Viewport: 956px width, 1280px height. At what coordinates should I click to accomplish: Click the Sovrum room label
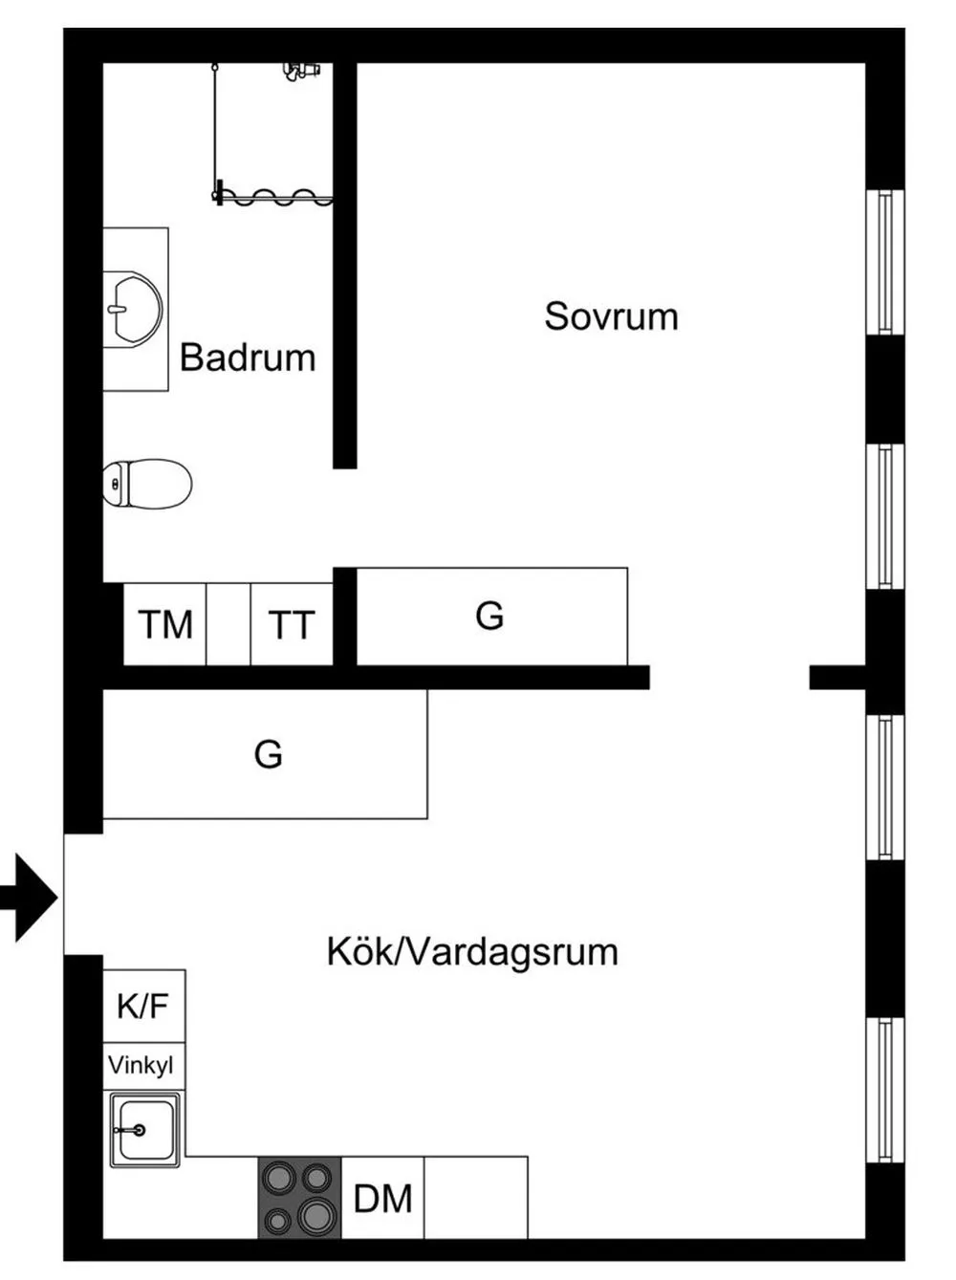click(x=611, y=316)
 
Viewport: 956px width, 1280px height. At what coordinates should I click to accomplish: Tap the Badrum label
click(x=248, y=358)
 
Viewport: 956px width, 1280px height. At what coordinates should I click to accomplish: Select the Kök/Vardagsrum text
click(x=472, y=952)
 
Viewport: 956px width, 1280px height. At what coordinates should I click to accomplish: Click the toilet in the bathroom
click(x=148, y=484)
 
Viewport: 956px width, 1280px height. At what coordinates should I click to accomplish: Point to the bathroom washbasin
click(x=132, y=308)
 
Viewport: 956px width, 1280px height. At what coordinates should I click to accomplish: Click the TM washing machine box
click(x=165, y=624)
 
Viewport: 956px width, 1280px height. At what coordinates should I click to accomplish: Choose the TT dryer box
click(x=292, y=624)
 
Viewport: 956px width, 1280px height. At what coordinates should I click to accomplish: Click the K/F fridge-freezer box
click(x=143, y=1006)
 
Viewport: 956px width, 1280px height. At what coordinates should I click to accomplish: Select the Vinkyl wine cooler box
click(x=142, y=1065)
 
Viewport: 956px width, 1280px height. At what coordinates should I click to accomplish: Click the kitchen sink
click(x=144, y=1130)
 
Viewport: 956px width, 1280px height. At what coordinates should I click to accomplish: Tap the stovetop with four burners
click(x=299, y=1198)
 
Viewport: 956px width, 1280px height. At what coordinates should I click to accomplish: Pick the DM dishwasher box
click(x=382, y=1198)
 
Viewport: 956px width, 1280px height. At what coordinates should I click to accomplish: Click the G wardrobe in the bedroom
click(x=490, y=616)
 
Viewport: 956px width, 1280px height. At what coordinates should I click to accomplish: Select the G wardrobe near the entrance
click(x=267, y=754)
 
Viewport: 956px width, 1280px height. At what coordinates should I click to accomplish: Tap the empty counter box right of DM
click(x=475, y=1198)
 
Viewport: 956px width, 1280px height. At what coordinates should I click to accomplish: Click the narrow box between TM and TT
click(x=228, y=624)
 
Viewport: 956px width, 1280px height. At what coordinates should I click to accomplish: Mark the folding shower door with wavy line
click(x=275, y=198)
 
